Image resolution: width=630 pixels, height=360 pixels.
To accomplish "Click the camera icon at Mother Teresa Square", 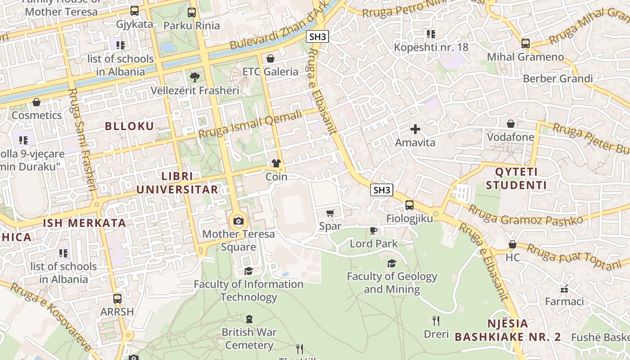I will (238, 221).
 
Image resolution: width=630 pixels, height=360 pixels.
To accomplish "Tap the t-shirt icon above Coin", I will (276, 163).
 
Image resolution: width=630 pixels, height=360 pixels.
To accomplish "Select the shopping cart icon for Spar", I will (330, 213).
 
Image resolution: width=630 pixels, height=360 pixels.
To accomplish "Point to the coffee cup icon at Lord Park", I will (373, 231).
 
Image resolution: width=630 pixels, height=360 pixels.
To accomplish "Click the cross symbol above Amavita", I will (415, 130).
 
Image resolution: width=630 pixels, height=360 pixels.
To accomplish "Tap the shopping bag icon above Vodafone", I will (511, 124).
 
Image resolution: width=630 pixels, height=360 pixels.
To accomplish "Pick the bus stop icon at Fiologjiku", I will (409, 205).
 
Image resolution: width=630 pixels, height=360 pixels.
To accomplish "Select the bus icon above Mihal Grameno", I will (526, 44).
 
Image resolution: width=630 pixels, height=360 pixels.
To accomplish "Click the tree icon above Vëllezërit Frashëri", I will (194, 77).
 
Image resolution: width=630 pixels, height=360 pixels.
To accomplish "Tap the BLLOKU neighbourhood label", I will (130, 126).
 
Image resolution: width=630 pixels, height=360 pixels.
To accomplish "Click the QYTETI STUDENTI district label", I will (516, 179).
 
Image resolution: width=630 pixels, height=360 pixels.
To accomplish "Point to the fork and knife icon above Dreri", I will (436, 321).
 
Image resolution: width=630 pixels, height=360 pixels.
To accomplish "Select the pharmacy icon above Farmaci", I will (564, 288).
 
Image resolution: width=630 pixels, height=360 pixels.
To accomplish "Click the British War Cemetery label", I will (249, 339).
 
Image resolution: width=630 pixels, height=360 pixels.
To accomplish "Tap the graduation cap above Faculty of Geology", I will (391, 263).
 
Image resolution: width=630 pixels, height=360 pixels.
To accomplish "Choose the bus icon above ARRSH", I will (117, 299).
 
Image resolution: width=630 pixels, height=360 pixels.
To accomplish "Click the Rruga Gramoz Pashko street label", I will (525, 216).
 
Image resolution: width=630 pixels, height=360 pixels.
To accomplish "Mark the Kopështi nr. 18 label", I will (431, 47).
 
